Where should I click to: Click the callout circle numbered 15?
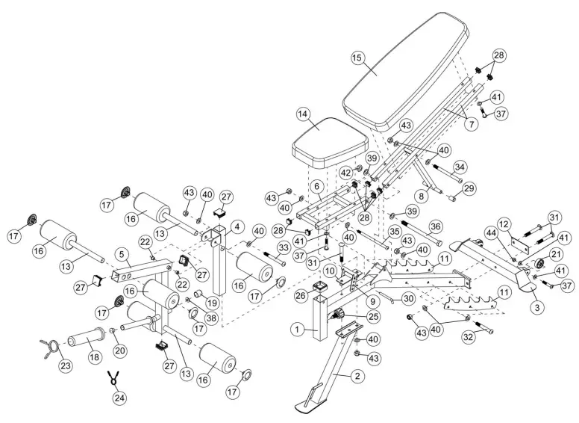point(357,58)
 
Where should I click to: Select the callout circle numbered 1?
point(296,327)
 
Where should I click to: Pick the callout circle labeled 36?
point(435,226)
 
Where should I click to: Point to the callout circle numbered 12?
point(504,223)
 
